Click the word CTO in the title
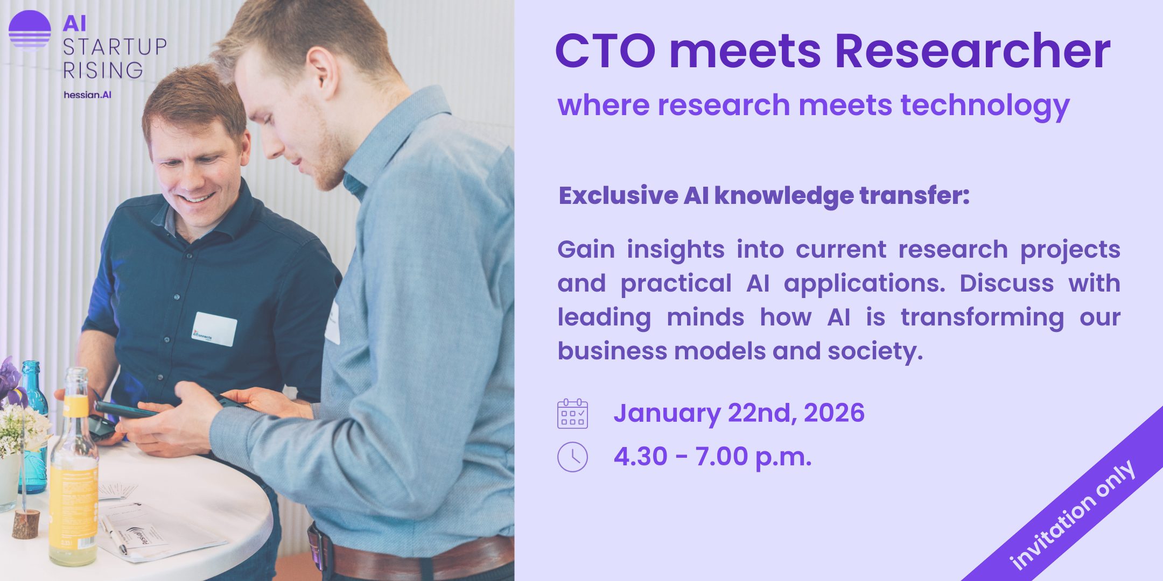pyautogui.click(x=605, y=51)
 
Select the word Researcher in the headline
pyautogui.click(x=972, y=51)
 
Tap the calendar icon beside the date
pyautogui.click(x=572, y=413)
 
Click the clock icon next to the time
pyautogui.click(x=572, y=457)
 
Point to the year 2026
pyautogui.click(x=834, y=413)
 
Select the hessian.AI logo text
pyautogui.click(x=87, y=95)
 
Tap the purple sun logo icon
pyautogui.click(x=30, y=30)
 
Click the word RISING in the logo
pyautogui.click(x=103, y=70)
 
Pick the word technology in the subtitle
pyautogui.click(x=985, y=105)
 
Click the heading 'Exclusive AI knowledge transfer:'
pyautogui.click(x=764, y=196)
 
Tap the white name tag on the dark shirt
pyautogui.click(x=214, y=329)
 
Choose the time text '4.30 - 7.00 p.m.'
pyautogui.click(x=712, y=457)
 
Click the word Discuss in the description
pyautogui.click(x=1006, y=283)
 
